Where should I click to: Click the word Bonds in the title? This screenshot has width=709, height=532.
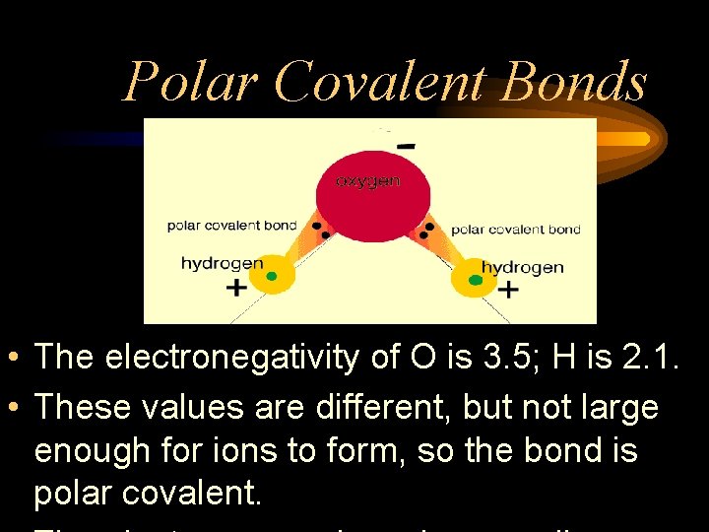coord(573,81)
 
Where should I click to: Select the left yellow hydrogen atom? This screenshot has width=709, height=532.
coord(271,276)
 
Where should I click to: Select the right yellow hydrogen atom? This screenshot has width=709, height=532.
coord(476,280)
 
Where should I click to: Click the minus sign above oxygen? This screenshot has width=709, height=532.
coord(405,147)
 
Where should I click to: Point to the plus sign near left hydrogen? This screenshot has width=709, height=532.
coord(236,288)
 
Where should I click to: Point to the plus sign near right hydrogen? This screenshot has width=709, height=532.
coord(508,290)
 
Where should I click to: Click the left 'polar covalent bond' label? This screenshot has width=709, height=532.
coord(231,226)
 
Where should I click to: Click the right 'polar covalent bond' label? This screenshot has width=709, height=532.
coord(516,230)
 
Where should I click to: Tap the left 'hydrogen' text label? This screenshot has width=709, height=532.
coord(222,263)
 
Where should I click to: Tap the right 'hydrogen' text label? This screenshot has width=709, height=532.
coord(522,267)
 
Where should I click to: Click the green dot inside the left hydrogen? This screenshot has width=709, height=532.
coord(272,276)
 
